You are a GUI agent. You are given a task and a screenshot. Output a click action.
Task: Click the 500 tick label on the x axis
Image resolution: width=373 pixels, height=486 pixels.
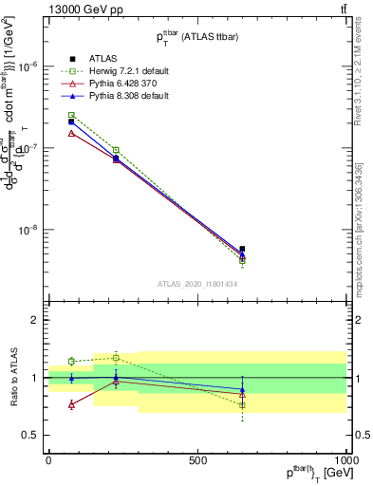coord(197,460)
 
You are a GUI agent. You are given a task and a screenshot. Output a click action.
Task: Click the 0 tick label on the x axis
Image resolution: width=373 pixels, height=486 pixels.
coord(48,460)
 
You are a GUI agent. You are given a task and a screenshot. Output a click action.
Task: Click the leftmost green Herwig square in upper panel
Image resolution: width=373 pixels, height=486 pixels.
coord(71,115)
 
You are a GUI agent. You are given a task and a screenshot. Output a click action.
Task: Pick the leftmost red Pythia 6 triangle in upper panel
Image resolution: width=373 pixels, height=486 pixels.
coord(71,133)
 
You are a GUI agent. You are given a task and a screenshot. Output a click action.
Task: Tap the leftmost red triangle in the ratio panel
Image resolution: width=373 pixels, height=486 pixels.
coord(71,404)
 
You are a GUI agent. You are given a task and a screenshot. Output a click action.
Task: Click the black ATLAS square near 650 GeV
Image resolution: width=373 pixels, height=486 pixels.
coord(242,249)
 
